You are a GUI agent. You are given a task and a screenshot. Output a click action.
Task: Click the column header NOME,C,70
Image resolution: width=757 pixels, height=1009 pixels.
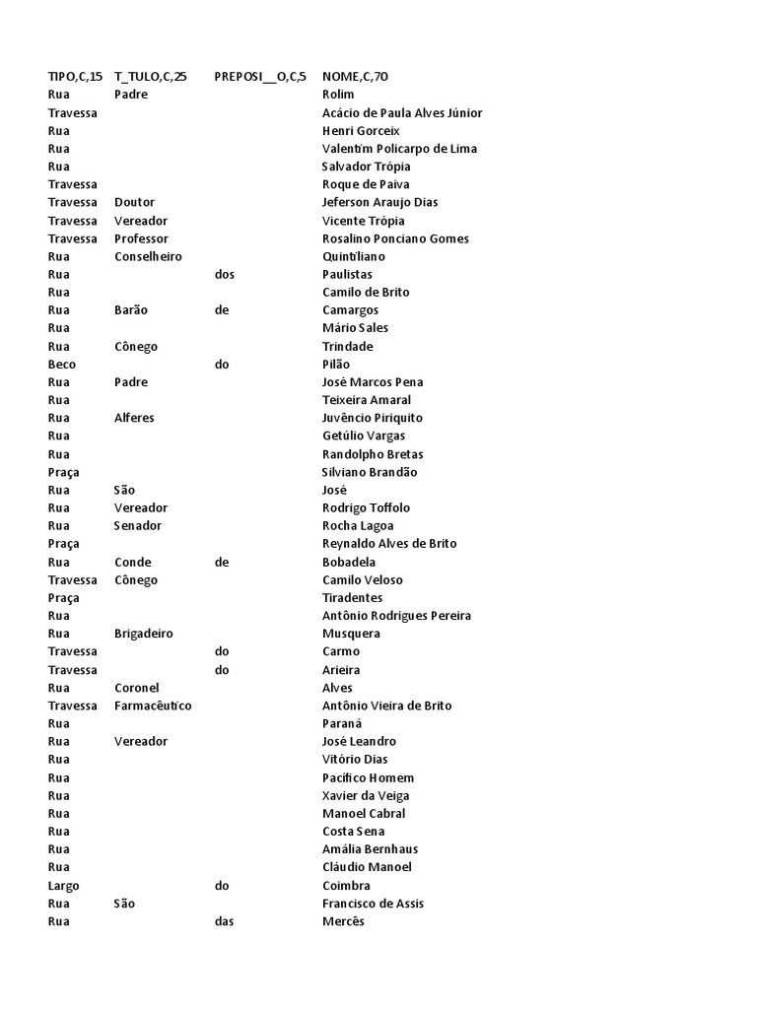coord(355,77)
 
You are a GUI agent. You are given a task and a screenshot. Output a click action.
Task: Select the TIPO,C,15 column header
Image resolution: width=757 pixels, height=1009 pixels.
coord(75,77)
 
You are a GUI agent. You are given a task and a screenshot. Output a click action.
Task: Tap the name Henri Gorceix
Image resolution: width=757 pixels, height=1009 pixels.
coord(361,131)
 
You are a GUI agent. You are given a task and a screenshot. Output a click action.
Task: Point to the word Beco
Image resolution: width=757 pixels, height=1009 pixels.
coord(61,365)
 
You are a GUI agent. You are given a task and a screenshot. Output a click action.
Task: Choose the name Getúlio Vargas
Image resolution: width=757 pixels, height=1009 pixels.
coord(364,436)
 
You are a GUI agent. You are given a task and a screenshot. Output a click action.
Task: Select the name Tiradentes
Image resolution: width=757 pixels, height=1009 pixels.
coord(352,598)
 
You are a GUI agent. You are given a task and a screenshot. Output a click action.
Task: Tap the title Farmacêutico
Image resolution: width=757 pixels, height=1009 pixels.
coord(153,706)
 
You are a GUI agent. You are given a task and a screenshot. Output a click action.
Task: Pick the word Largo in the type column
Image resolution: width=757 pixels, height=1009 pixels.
coord(63,886)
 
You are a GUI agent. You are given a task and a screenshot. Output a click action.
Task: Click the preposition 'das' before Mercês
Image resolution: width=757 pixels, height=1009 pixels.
coord(225,921)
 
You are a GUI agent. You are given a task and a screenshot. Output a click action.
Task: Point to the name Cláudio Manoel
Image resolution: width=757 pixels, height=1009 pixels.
coord(367,867)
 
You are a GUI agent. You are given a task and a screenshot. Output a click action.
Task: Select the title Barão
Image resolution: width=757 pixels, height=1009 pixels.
coord(131,310)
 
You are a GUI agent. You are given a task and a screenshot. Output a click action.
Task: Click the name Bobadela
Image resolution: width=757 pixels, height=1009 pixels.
coord(349,563)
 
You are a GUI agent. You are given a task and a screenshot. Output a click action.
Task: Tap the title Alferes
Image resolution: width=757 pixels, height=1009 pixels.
coord(134,418)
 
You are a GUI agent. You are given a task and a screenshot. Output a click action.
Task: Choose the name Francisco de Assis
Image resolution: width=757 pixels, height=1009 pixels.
coord(373,904)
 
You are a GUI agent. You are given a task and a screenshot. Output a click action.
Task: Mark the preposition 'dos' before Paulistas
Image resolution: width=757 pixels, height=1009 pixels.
coord(225,275)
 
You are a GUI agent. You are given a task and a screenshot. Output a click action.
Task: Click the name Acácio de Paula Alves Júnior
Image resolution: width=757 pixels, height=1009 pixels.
coord(402,113)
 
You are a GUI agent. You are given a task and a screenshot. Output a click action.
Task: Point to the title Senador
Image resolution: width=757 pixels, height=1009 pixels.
coord(138,526)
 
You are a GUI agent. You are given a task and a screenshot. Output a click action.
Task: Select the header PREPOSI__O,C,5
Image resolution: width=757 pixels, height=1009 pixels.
coord(260,77)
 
